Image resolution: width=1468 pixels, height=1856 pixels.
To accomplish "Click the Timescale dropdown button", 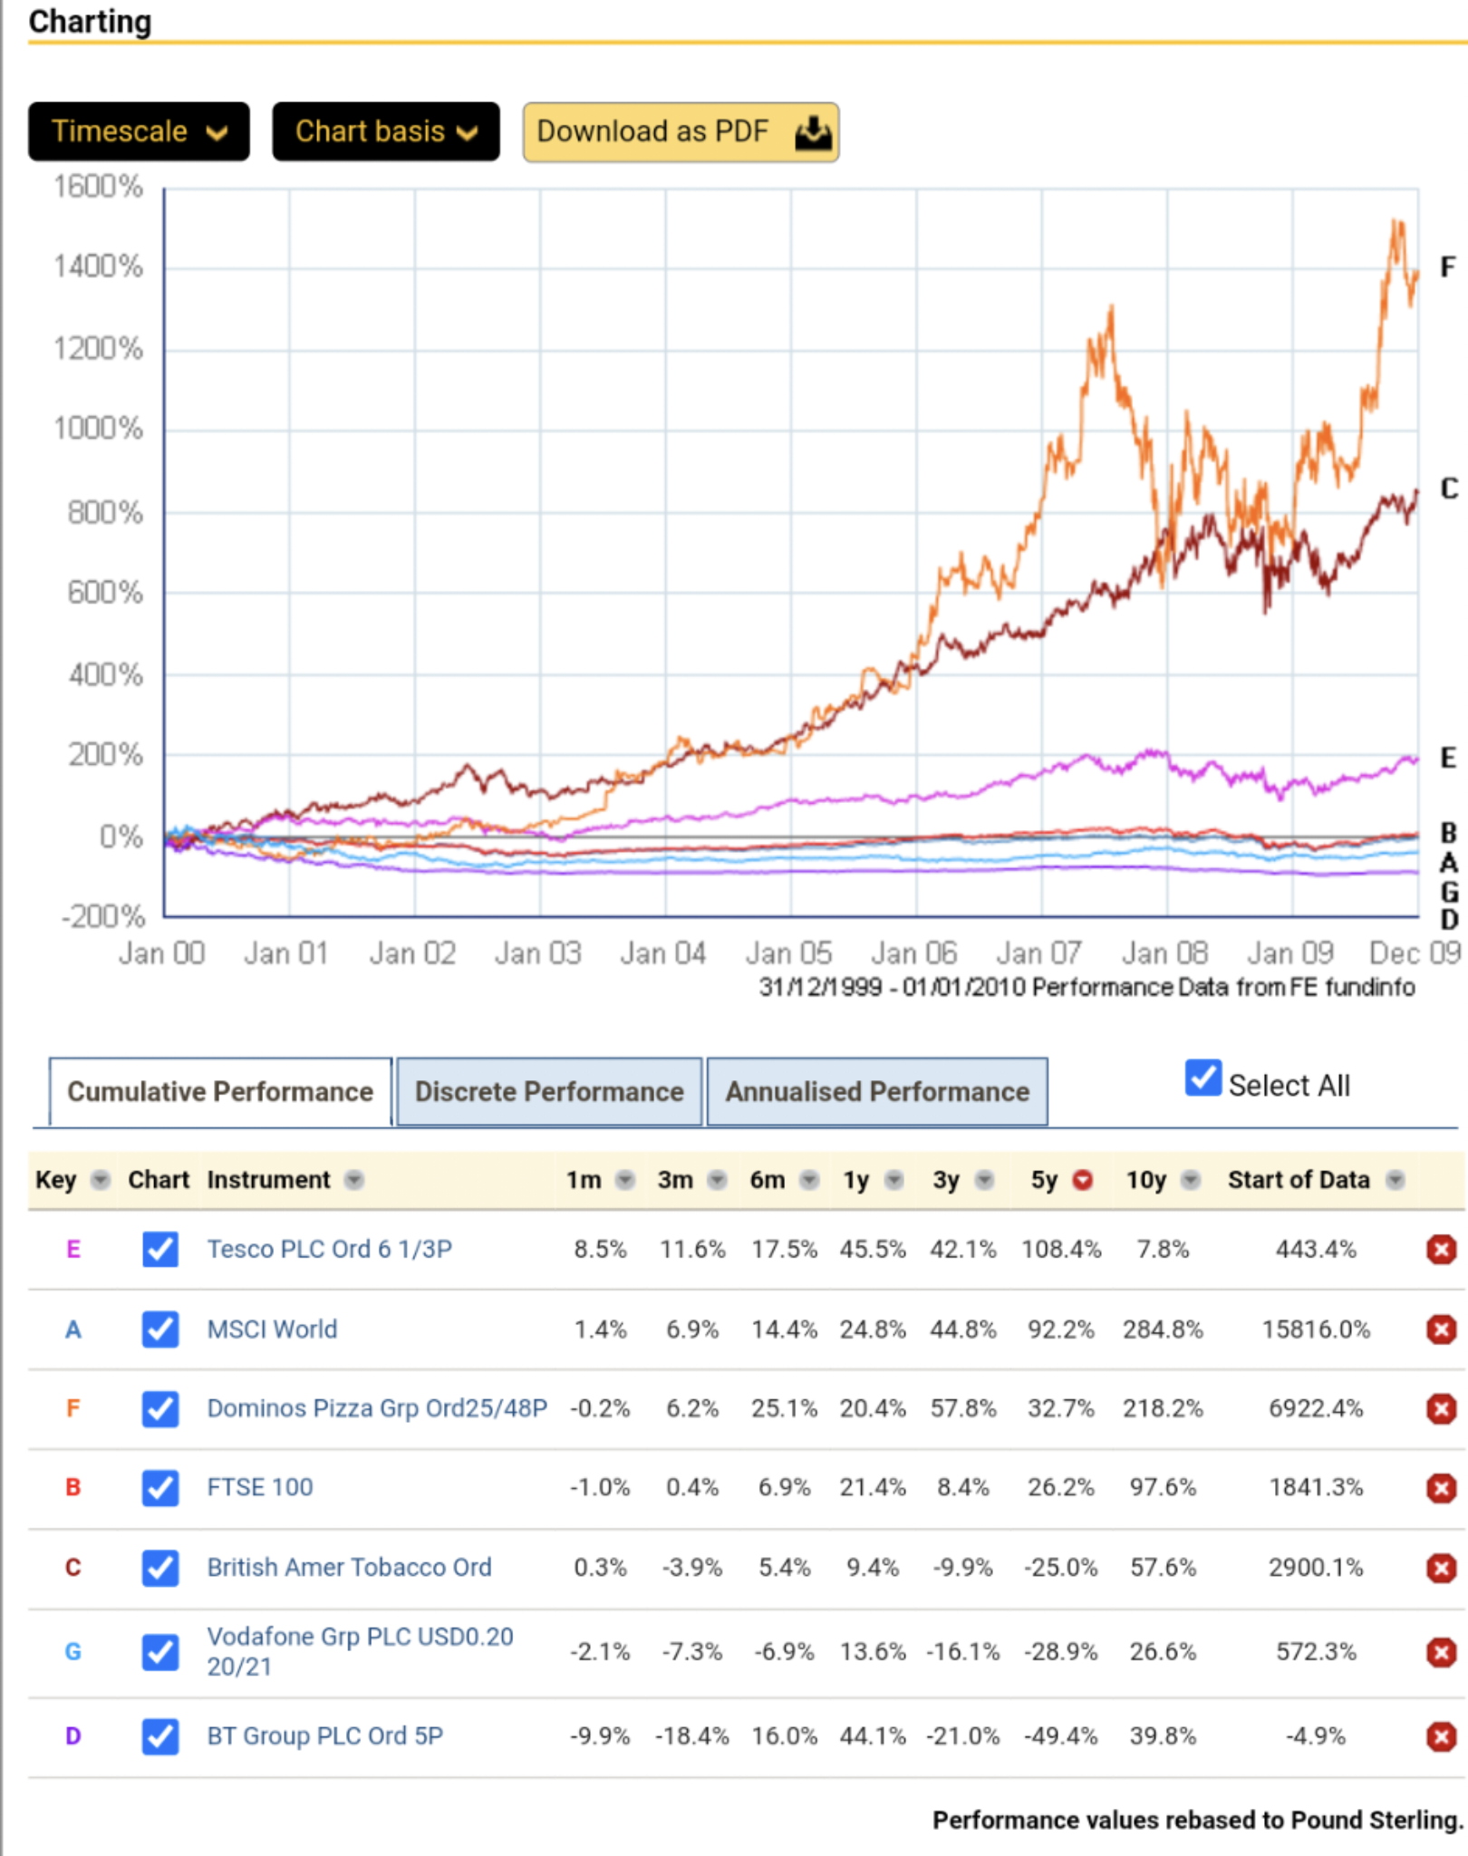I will pos(139,132).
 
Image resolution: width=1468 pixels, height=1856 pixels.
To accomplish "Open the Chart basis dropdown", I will pos(386,132).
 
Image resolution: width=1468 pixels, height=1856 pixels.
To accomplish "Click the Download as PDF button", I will pos(681,132).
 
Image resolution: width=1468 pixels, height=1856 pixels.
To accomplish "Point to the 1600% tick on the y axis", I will pos(98,187).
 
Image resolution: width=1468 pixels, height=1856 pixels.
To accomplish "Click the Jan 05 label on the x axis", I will pos(788,953).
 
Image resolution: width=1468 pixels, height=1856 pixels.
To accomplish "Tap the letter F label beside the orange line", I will pos(1448,266).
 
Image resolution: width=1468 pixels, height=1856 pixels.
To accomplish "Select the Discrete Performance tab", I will pos(549,1091).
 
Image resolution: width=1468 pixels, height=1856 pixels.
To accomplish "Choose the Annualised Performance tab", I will pos(877,1091).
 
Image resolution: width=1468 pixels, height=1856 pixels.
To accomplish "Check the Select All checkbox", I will pos(1203,1078).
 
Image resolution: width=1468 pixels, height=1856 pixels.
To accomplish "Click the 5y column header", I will pos(1045,1180).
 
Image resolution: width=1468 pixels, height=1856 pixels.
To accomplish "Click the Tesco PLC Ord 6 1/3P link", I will pos(330,1249).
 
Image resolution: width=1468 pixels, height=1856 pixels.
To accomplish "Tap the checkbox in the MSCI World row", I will pos(160,1329).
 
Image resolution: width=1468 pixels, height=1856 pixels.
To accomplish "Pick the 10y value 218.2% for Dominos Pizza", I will pos(1163,1408).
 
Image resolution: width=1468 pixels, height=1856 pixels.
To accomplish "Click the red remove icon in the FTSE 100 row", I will pos(1441,1487).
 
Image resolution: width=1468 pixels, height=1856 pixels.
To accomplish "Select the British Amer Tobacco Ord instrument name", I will pos(349,1567).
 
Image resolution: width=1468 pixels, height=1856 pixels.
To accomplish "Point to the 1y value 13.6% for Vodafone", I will pos(873,1651).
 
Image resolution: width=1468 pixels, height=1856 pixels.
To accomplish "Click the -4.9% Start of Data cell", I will pos(1316,1735).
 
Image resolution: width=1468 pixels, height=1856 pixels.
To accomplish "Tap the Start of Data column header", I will pos(1299,1180).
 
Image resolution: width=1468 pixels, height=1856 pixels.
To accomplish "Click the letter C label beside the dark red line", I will pos(1449,489).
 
